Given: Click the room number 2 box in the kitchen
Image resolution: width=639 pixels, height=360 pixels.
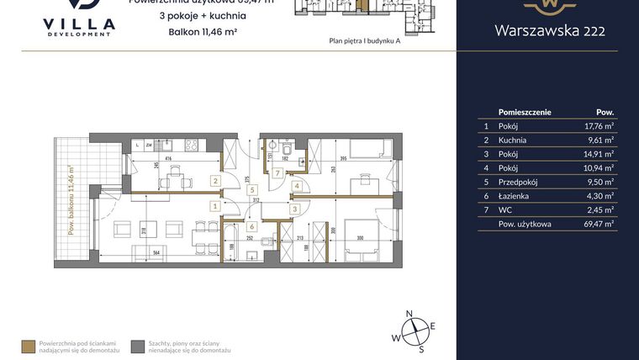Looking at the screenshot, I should click(x=216, y=181).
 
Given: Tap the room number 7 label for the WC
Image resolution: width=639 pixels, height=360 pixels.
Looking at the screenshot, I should click(x=278, y=173).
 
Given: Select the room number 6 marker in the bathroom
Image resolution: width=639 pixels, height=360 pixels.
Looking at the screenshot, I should click(x=252, y=226).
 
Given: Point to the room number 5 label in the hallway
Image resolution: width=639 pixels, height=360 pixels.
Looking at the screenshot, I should click(x=252, y=190).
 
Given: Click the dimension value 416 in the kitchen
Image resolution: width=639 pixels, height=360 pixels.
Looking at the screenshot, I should click(x=169, y=157).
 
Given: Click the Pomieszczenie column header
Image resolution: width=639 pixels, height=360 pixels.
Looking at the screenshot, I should click(x=525, y=111).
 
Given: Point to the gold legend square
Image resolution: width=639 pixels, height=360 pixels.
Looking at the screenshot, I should click(x=29, y=345).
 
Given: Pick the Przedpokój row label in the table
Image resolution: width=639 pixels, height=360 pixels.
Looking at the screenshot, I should click(x=518, y=179).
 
